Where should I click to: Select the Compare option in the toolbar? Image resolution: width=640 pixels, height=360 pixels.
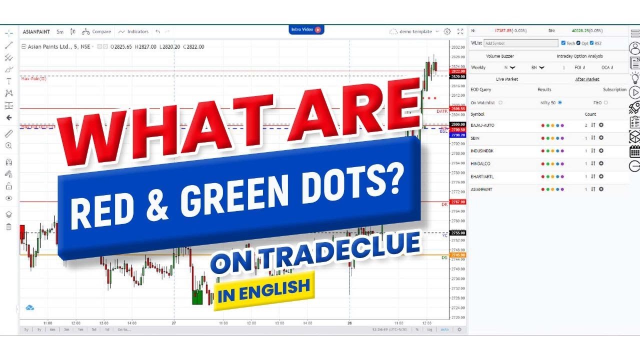coord(97,31)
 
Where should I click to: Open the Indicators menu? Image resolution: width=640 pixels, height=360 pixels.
coord(134,31)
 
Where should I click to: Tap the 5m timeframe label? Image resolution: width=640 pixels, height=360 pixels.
coord(60,31)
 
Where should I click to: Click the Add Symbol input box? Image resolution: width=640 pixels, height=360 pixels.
coord(520,43)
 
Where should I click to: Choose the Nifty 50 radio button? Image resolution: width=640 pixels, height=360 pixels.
coord(559,102)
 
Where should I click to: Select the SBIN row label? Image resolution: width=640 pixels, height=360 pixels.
coord(475,138)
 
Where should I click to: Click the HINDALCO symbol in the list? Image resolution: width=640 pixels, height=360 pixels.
coord(480,163)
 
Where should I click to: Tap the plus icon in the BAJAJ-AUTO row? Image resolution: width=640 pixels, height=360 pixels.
coord(601,125)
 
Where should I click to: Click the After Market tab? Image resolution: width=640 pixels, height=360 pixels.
coord(587,79)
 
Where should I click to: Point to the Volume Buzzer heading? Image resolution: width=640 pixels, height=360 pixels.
coord(499,56)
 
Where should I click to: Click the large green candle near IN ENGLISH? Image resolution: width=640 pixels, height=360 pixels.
coord(197,296)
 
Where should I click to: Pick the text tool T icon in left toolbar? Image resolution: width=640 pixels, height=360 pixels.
coord(8,81)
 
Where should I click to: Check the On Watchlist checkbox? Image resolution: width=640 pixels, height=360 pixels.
coord(500,102)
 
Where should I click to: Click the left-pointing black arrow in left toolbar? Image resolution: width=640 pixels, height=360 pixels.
coord(8,118)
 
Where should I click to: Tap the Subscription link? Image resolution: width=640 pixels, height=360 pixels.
coord(614,90)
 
